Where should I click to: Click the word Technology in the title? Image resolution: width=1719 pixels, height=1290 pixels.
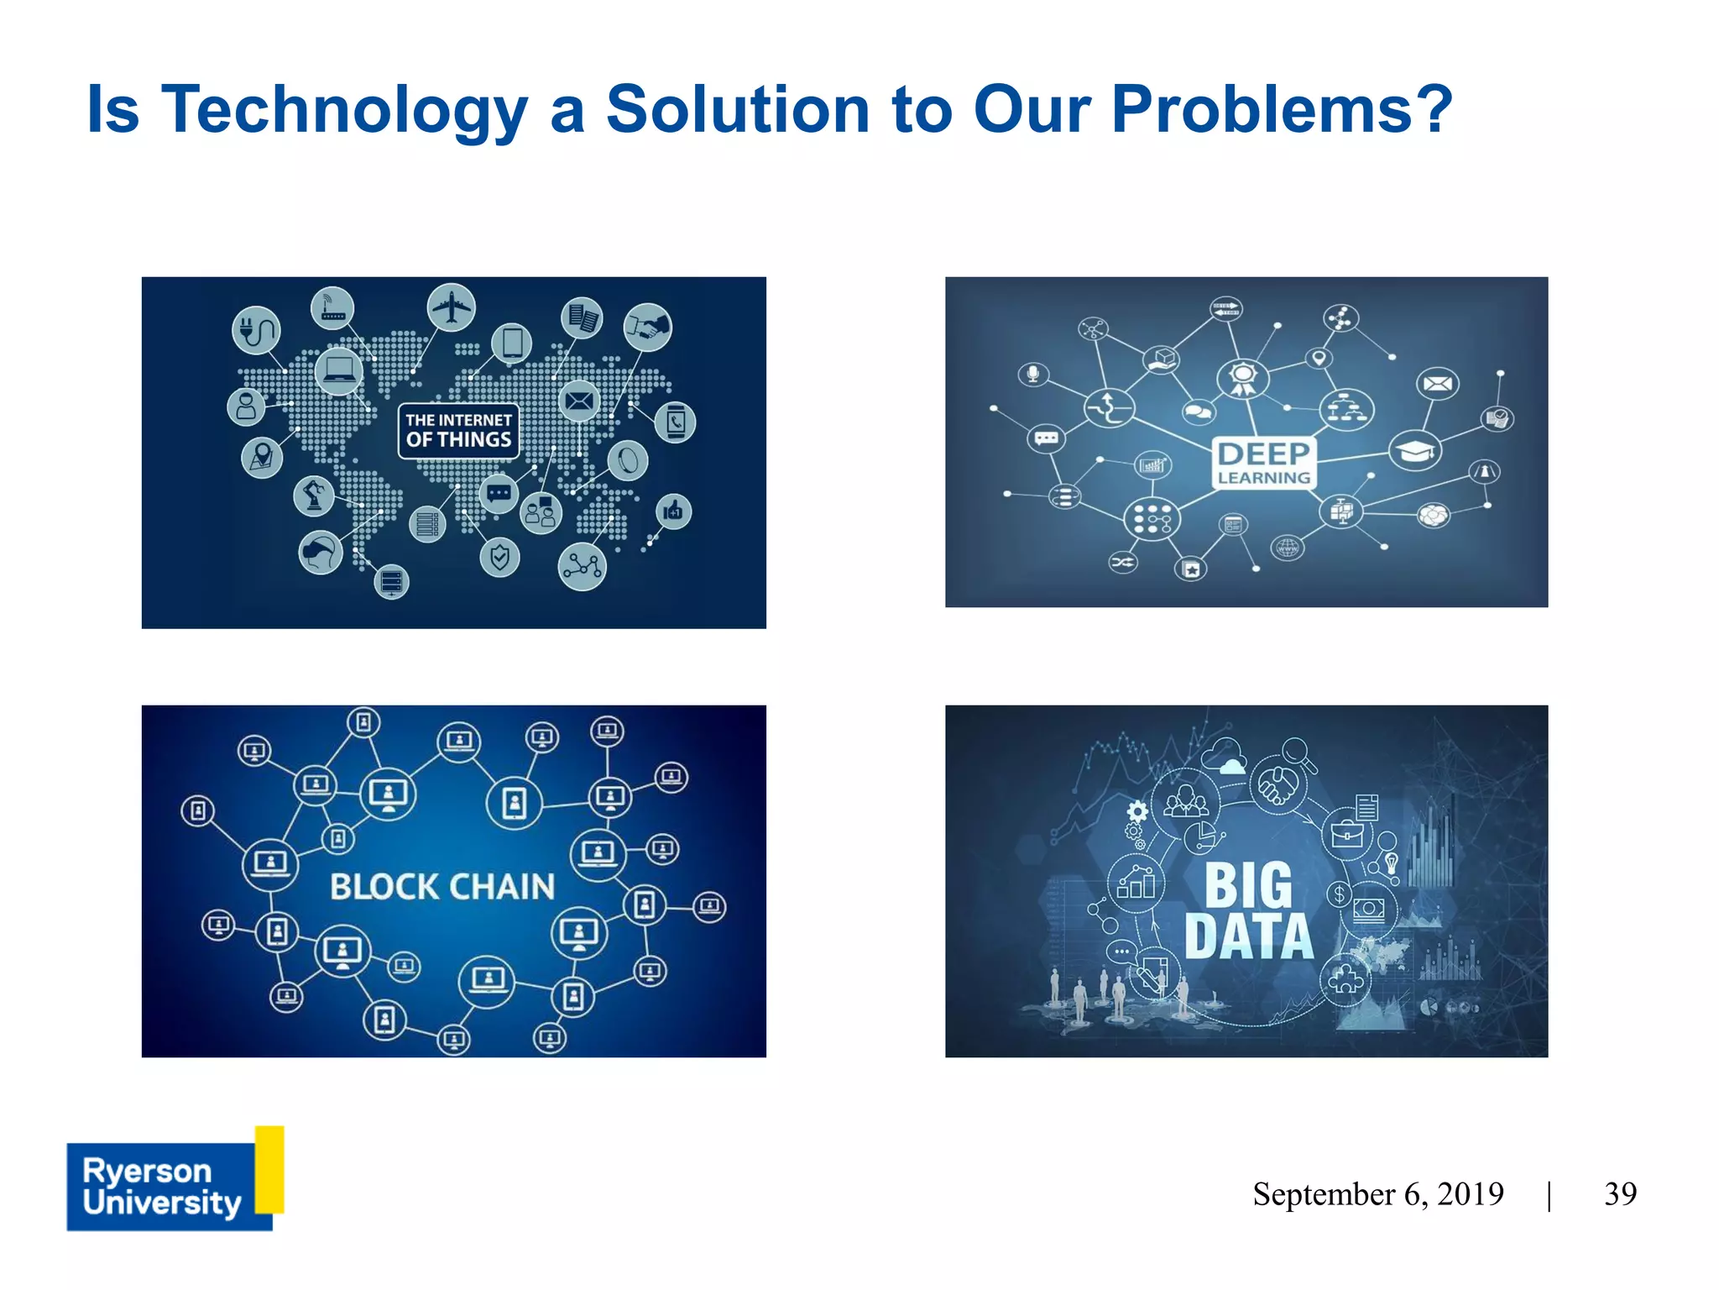click(344, 110)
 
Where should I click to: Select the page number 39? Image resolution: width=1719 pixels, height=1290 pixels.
click(1620, 1193)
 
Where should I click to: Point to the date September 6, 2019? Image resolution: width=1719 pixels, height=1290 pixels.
click(1377, 1193)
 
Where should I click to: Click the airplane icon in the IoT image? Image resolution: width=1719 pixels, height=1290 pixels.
click(451, 307)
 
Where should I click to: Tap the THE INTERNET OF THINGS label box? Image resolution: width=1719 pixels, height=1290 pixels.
click(458, 430)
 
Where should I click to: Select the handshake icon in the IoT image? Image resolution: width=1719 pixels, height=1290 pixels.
click(647, 327)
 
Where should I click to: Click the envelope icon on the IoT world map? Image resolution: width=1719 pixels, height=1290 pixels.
click(578, 401)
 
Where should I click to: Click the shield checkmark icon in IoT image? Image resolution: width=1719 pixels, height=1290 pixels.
click(499, 557)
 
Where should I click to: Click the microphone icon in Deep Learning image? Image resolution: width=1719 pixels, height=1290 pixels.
click(1033, 373)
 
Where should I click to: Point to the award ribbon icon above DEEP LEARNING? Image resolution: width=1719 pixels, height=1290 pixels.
click(1242, 378)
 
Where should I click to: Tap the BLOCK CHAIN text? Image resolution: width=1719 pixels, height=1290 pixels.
click(442, 887)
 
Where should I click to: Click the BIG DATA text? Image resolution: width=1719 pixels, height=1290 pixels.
click(1249, 911)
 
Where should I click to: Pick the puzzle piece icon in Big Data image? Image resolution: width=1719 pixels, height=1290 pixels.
click(1345, 979)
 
